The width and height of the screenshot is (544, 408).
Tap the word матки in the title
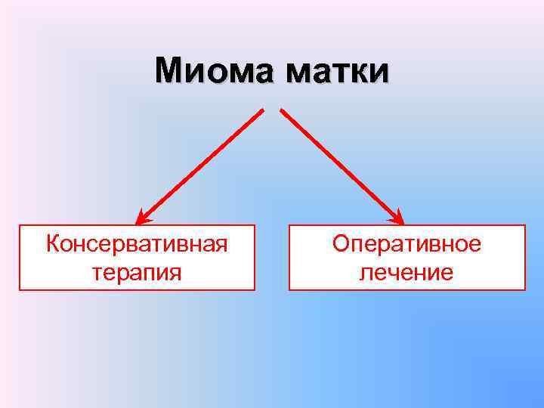[x=338, y=71]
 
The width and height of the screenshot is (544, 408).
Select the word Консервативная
[x=137, y=244]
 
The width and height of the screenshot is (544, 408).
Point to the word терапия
[x=137, y=271]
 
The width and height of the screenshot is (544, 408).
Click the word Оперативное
[x=406, y=244]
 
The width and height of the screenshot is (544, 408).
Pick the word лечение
[x=406, y=271]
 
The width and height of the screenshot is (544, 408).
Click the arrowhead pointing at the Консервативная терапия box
[x=143, y=218]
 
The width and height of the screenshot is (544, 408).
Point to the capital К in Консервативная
[x=52, y=244]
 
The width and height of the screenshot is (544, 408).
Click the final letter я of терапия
[x=175, y=272]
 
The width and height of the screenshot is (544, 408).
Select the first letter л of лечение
[x=365, y=272]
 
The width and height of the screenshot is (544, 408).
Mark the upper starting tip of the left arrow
[x=262, y=111]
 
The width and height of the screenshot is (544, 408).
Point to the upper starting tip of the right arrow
[x=282, y=111]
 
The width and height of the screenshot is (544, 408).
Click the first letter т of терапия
[x=97, y=272]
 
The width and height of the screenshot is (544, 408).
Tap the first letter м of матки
[x=296, y=73]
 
